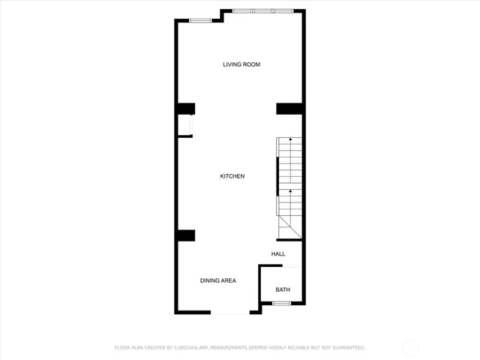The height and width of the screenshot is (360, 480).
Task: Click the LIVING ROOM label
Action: click(241, 64)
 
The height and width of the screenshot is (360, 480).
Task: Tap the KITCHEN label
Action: click(232, 176)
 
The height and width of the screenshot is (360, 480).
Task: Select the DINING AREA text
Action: click(217, 280)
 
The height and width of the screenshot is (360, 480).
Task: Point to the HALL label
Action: click(278, 254)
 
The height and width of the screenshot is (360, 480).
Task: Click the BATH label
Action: click(283, 289)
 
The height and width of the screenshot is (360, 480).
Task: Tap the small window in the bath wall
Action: click(281, 303)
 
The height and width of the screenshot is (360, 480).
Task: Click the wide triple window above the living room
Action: click(262, 11)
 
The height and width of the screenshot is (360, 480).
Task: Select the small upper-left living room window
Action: click(199, 20)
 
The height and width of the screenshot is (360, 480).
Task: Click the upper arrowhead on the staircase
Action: click(290, 140)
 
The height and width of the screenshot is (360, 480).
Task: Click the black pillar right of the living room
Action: click(289, 109)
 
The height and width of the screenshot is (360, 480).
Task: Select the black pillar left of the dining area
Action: click(186, 235)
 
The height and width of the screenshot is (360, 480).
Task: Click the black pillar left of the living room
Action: click(186, 109)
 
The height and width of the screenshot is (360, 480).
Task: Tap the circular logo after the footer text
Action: click(410, 347)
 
